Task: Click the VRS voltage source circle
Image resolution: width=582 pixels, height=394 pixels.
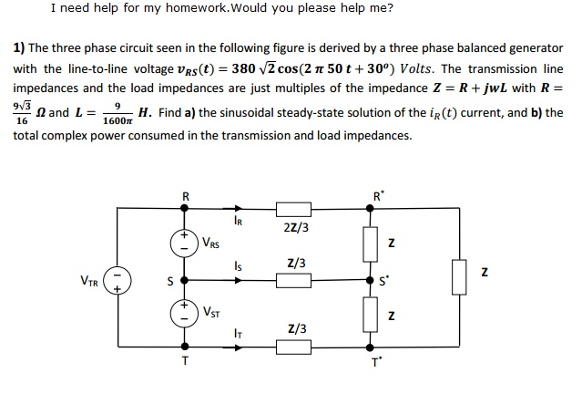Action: pos(186,244)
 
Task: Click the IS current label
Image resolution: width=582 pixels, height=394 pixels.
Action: pos(238,267)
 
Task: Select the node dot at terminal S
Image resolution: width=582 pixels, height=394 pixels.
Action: pos(186,280)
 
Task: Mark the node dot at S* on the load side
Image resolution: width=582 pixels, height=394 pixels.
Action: pos(369,280)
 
